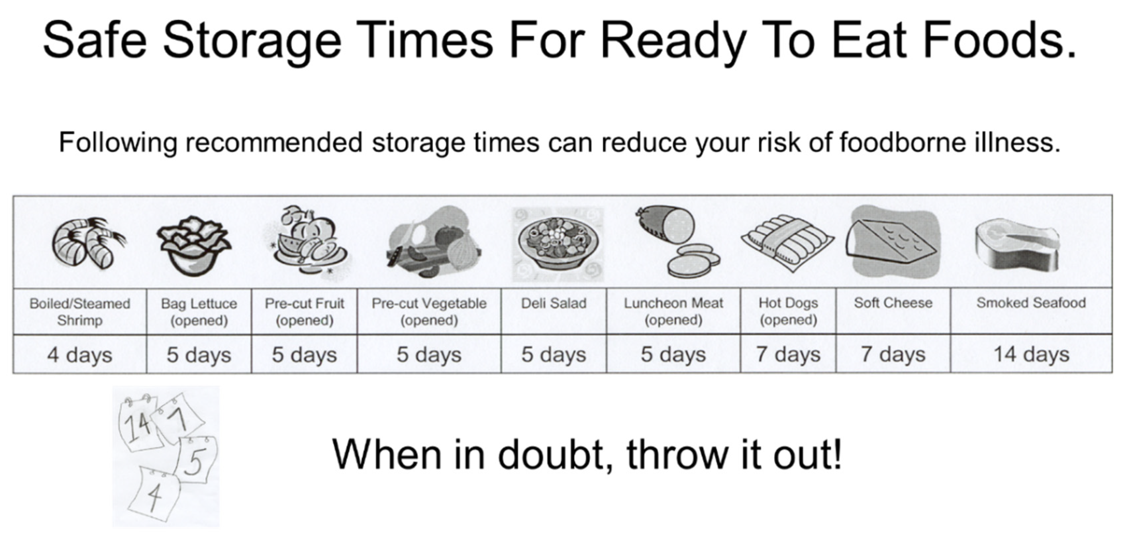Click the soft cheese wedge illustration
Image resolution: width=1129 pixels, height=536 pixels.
point(893,242)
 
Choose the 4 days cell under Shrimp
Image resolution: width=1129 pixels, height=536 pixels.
point(80,354)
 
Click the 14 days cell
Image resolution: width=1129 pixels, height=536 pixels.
point(1031,354)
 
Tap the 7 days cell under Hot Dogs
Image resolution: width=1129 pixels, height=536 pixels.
point(788,354)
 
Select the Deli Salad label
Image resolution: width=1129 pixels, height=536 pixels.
point(554,303)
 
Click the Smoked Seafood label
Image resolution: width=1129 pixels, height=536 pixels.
point(1031,303)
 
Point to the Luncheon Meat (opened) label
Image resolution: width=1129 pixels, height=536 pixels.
point(674,312)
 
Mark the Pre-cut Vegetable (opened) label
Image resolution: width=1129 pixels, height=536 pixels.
point(429,312)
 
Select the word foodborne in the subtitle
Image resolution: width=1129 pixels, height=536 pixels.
point(902,143)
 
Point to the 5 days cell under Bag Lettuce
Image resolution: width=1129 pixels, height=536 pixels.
point(199,354)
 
